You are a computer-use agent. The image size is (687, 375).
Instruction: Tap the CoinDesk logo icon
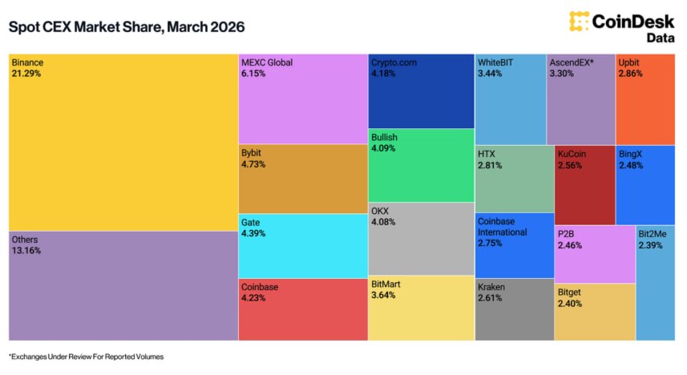click(579, 21)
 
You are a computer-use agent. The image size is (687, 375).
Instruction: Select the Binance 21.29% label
click(27, 68)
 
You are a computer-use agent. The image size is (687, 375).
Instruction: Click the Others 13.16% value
click(26, 251)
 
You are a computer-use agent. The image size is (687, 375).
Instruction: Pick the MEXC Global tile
click(303, 99)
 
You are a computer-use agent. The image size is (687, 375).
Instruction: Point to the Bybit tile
click(303, 179)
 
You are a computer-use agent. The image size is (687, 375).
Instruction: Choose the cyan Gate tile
click(303, 246)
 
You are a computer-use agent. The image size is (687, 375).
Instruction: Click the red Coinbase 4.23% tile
click(303, 309)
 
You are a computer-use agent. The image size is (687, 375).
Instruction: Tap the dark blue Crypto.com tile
click(421, 91)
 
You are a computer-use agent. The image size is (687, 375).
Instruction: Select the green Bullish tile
click(421, 165)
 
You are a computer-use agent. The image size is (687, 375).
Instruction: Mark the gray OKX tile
click(421, 239)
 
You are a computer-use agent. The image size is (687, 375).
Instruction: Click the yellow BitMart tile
click(421, 308)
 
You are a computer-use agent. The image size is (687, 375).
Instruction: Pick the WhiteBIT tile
click(511, 99)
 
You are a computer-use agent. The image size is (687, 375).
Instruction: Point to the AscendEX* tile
click(581, 99)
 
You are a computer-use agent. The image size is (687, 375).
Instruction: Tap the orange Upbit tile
click(645, 99)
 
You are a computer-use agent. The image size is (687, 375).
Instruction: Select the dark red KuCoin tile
click(585, 185)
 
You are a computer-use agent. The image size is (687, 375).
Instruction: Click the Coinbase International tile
click(515, 245)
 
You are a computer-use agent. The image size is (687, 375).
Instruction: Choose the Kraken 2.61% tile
click(515, 309)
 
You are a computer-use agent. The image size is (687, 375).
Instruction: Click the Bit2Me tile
click(656, 283)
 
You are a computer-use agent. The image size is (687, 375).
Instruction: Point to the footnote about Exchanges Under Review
click(87, 357)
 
